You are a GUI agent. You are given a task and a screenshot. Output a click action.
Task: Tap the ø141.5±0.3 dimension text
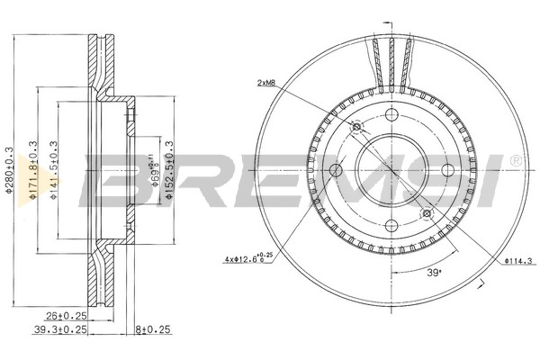56,171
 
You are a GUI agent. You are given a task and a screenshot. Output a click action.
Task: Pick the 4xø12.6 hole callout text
247,261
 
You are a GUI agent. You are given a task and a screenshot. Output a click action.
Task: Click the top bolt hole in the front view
391,115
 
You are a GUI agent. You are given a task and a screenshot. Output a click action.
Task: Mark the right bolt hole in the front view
446,171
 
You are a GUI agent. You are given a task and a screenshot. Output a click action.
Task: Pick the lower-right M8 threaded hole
426,214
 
